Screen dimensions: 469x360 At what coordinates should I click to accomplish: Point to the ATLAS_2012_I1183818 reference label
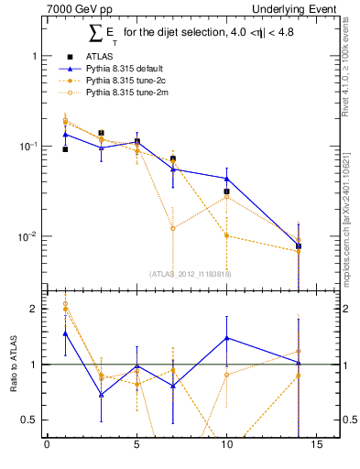(x=191, y=273)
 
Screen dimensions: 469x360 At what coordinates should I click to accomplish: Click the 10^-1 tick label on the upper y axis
(x=27, y=147)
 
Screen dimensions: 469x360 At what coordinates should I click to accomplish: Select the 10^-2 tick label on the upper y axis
(x=27, y=236)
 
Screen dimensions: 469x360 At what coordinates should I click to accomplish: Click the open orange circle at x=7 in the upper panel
(x=172, y=228)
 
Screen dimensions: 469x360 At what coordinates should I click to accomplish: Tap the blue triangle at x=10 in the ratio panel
(x=226, y=338)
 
